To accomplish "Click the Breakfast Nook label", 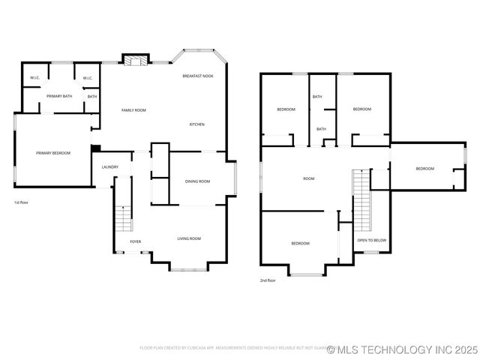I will click(x=198, y=76).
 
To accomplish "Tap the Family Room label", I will click(x=133, y=110).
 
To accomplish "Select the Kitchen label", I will click(x=196, y=124).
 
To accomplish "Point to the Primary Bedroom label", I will click(x=53, y=153).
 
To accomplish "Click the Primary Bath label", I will click(x=59, y=96).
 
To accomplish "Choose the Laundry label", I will click(x=110, y=166).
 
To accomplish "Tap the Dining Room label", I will click(x=197, y=181).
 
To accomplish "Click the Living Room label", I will click(x=189, y=238).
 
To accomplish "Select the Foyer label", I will click(x=136, y=241).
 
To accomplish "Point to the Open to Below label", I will click(x=372, y=240).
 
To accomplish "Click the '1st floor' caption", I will click(x=22, y=203).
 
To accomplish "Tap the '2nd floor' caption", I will click(x=268, y=280).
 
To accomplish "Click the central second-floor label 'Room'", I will click(x=308, y=178).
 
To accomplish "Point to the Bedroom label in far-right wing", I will click(x=425, y=168).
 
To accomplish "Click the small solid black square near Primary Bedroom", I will click(x=95, y=148).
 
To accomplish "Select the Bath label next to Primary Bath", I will click(x=91, y=96).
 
